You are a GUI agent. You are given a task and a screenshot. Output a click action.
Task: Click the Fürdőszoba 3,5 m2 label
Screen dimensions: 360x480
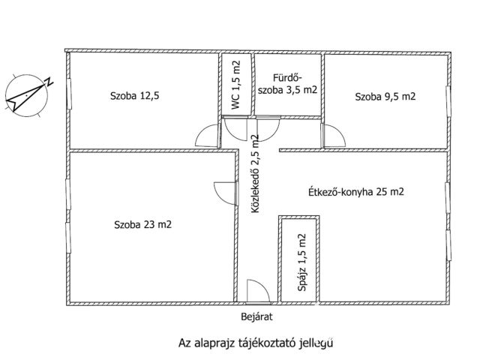(287, 83)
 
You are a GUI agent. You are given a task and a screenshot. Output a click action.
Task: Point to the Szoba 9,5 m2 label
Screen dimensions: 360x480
(385, 96)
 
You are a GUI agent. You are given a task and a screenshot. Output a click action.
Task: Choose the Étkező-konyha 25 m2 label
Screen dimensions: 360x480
(356, 192)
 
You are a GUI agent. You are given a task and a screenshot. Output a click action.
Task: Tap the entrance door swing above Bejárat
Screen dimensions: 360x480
(256, 292)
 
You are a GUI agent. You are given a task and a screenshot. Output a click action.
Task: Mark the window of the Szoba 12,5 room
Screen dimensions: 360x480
(69, 95)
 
